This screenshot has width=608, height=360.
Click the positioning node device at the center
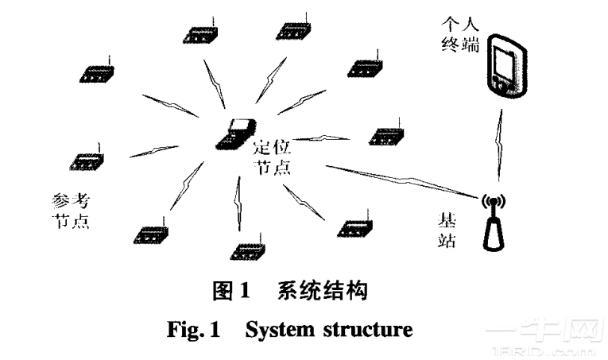[x=236, y=134]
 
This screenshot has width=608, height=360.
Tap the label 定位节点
[x=272, y=157]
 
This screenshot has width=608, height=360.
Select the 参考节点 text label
[x=70, y=209]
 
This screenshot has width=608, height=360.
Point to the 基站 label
[x=447, y=228]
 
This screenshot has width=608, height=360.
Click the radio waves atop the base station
[x=494, y=200]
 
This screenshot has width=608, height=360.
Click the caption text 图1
[x=230, y=292]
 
